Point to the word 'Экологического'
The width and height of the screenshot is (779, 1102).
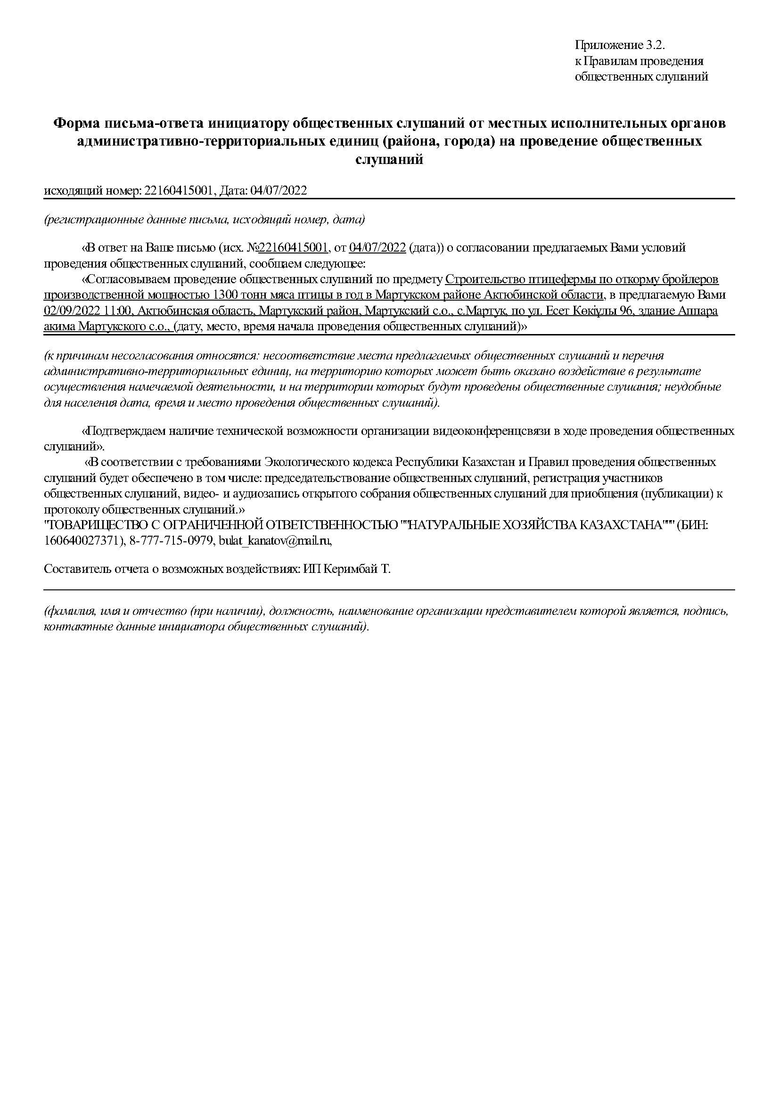[308, 462]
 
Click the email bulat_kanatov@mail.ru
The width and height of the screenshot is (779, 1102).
[275, 541]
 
